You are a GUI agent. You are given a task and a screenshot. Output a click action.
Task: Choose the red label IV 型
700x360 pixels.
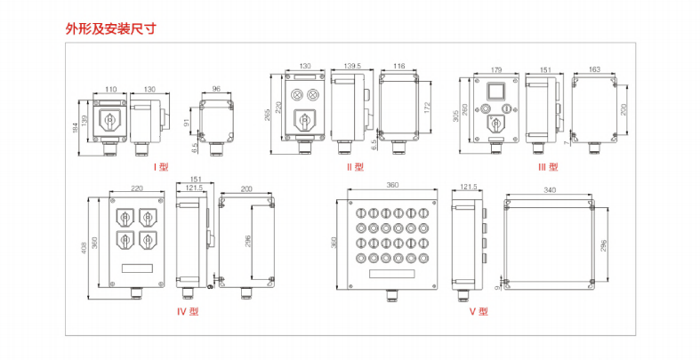[x=189, y=312]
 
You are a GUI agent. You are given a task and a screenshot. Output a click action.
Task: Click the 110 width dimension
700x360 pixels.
[x=111, y=89]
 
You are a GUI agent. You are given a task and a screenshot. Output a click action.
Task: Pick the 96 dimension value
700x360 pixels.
[x=216, y=89]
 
